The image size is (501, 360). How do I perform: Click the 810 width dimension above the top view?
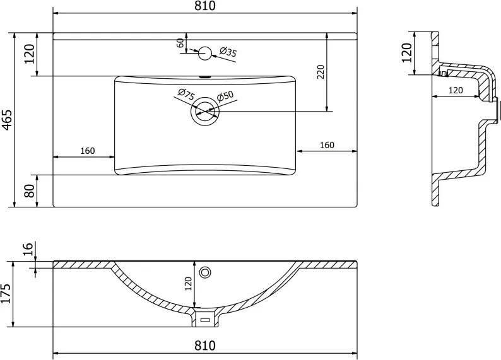pyautogui.click(x=205, y=6)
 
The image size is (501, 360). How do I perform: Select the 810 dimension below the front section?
pyautogui.click(x=205, y=345)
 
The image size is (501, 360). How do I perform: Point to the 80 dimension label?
pyautogui.click(x=30, y=191)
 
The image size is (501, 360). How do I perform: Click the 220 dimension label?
pyautogui.click(x=321, y=72)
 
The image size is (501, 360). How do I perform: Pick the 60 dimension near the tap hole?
pyautogui.click(x=180, y=43)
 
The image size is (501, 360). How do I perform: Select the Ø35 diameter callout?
pyautogui.click(x=228, y=52)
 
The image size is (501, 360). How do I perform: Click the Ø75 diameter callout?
pyautogui.click(x=186, y=94)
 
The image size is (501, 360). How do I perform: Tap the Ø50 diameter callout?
pyautogui.click(x=225, y=96)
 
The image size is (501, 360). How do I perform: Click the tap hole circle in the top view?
pyautogui.click(x=205, y=54)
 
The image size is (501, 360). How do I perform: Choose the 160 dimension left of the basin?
pyautogui.click(x=88, y=151)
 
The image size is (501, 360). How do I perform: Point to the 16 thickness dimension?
pyautogui.click(x=28, y=248)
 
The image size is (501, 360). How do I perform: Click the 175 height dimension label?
pyautogui.click(x=6, y=293)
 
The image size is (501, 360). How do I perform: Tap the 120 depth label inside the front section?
pyautogui.click(x=188, y=284)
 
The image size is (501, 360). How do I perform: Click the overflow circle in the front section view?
pyautogui.click(x=205, y=272)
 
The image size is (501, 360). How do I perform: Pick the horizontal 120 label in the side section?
pyautogui.click(x=456, y=90)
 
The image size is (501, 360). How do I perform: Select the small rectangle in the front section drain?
pyautogui.click(x=205, y=320)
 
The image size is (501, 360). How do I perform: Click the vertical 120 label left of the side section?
pyautogui.click(x=406, y=53)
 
